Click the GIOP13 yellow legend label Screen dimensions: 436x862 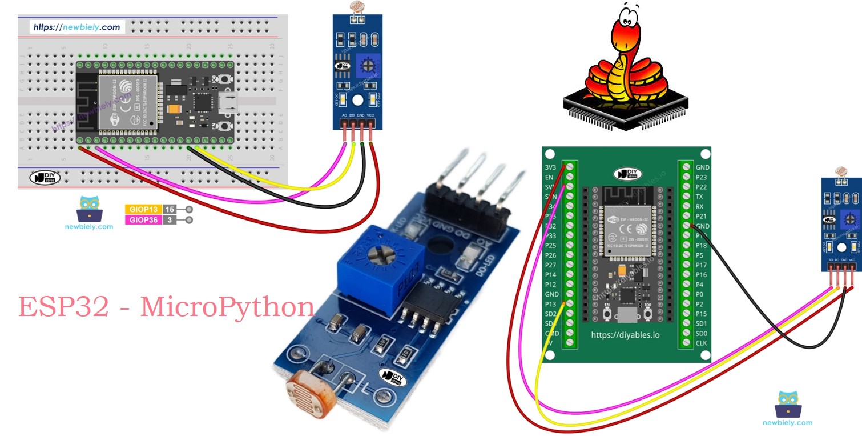point(143,209)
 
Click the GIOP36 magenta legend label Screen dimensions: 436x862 point(143,220)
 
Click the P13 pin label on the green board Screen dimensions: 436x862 point(550,304)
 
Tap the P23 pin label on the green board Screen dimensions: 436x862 point(702,177)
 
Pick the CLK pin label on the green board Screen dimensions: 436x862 point(702,343)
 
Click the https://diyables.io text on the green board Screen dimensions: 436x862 point(625,335)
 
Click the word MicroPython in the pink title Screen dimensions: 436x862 point(227,307)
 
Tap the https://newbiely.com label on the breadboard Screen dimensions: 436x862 point(76,27)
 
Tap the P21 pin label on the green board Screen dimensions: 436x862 point(702,216)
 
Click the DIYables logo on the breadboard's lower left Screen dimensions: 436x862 point(45,178)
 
